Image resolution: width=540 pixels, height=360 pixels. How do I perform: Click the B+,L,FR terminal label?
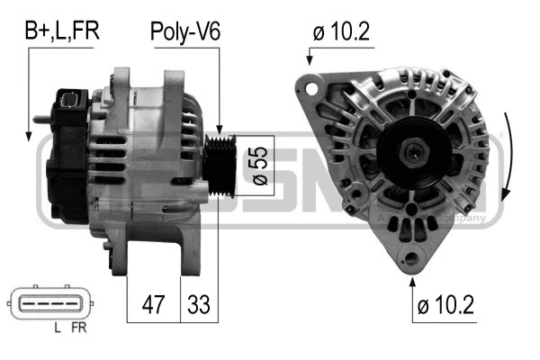61,31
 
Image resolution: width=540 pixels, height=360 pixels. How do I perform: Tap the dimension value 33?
198,305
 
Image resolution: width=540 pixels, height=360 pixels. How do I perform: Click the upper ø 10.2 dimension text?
343,31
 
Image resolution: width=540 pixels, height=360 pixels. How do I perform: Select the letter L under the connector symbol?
57,329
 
